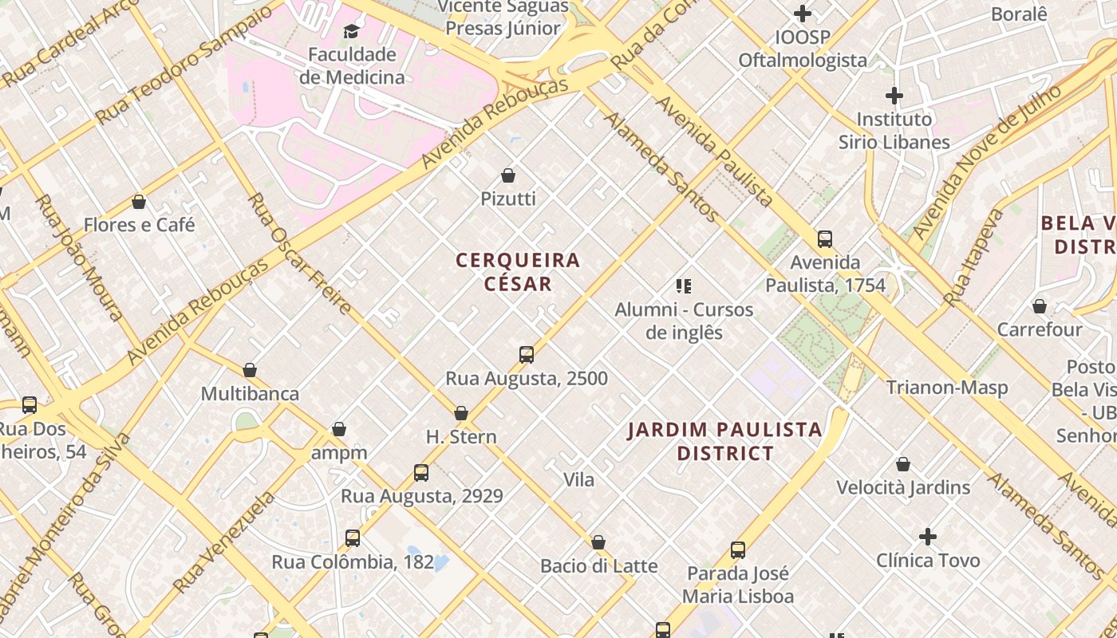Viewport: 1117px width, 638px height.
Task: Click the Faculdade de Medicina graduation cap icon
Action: (351, 31)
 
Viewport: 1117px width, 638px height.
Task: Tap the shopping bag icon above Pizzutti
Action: (508, 175)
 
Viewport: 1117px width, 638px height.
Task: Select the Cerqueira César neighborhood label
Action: (518, 272)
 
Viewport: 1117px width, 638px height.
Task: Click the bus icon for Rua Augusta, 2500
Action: (527, 355)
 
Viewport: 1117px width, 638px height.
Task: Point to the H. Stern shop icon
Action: (461, 413)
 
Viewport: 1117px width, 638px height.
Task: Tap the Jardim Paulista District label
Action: (724, 442)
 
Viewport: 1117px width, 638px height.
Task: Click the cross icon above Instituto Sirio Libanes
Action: (894, 96)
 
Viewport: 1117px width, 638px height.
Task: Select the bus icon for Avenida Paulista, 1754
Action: (825, 239)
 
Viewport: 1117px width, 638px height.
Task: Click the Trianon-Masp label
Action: (947, 388)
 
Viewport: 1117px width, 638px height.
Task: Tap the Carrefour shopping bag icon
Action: (1040, 306)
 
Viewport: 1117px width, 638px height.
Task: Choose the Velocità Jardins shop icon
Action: (903, 464)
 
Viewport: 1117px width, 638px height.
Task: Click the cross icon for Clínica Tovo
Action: (928, 537)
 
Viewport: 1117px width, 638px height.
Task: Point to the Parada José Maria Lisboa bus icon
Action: (738, 550)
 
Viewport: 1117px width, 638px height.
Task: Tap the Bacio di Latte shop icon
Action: (598, 543)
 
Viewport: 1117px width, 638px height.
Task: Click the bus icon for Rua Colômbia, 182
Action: (353, 538)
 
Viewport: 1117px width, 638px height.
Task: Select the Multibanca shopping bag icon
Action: (250, 371)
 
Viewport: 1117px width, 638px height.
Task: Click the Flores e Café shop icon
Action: (139, 202)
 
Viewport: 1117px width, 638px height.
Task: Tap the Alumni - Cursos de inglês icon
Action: (684, 286)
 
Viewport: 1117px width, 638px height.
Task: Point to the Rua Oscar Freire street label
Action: (299, 253)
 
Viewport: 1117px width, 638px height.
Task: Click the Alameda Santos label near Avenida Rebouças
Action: (661, 167)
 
